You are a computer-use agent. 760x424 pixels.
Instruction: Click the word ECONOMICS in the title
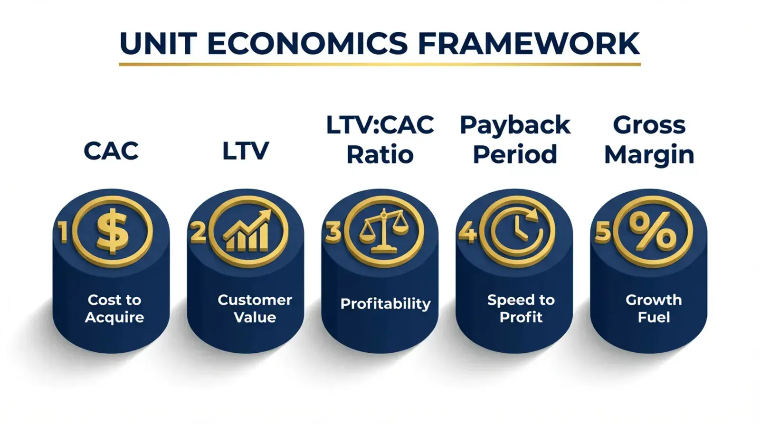click(x=307, y=44)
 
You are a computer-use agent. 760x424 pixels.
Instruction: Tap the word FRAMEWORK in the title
click(x=529, y=44)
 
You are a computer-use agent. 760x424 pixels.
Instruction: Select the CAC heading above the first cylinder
click(x=111, y=151)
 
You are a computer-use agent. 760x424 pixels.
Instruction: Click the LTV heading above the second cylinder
click(x=246, y=151)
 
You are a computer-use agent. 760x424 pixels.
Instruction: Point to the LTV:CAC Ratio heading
click(x=380, y=140)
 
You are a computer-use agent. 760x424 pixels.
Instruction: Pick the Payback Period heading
click(x=515, y=140)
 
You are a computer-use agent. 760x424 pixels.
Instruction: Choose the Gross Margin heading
click(x=649, y=140)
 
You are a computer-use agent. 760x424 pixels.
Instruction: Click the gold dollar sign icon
click(x=112, y=232)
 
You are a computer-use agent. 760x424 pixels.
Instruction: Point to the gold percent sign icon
click(x=653, y=232)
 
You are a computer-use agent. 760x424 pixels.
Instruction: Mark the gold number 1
click(x=62, y=232)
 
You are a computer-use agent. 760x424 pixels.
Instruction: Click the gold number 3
click(x=333, y=232)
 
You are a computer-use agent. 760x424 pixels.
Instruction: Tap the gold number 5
click(x=603, y=232)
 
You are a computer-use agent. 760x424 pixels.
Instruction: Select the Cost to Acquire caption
click(x=114, y=309)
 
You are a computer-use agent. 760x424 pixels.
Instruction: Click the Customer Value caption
click(x=255, y=309)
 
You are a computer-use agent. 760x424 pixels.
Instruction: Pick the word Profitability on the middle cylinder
click(x=385, y=304)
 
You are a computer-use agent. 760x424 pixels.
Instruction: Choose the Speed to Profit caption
click(x=521, y=309)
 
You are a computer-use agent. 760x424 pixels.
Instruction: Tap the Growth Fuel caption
click(x=654, y=309)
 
